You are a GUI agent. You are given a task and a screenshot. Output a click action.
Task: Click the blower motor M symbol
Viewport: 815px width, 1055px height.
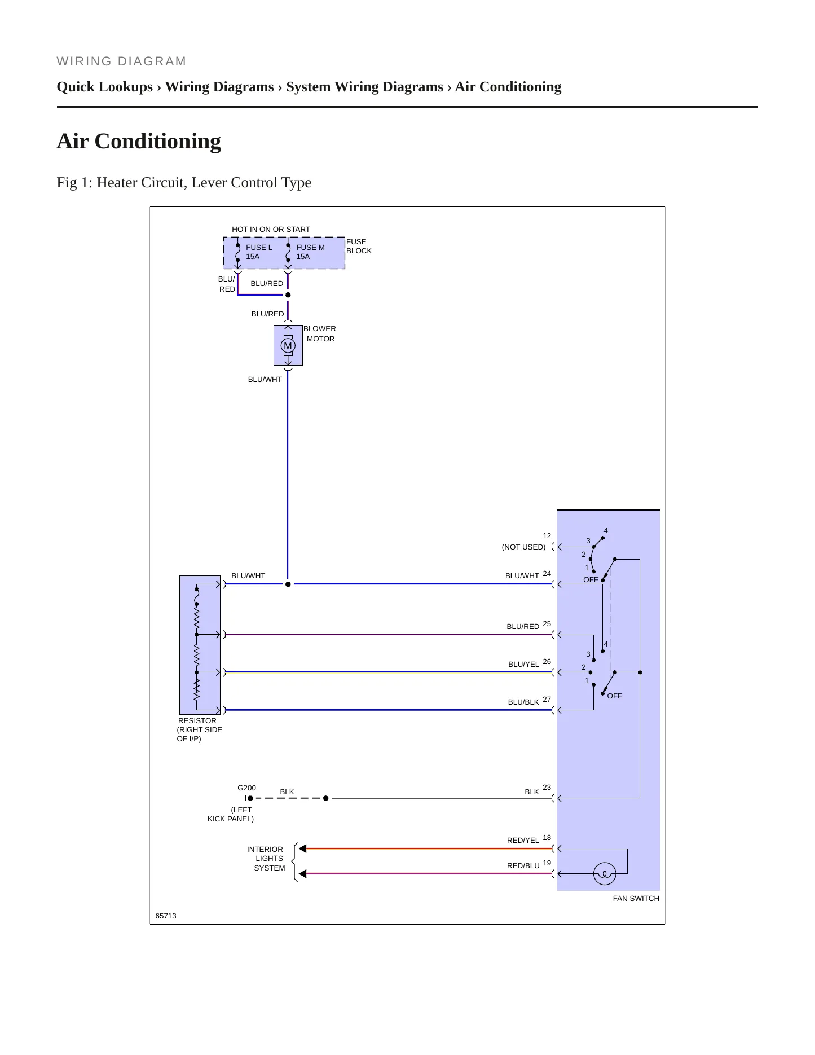(288, 346)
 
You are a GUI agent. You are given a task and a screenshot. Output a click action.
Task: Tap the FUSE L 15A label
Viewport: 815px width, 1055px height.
(259, 252)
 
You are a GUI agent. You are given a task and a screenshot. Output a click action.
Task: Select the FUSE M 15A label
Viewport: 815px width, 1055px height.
(310, 252)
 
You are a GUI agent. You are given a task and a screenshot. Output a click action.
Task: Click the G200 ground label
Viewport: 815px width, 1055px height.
(246, 788)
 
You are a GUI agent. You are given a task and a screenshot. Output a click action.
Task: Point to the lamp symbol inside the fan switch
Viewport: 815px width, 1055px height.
(605, 874)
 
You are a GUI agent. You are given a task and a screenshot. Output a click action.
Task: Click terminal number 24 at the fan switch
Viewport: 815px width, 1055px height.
(547, 574)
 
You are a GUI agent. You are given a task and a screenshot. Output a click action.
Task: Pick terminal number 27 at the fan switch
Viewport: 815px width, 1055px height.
(547, 700)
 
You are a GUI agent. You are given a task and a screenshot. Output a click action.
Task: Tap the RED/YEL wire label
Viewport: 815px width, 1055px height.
(523, 841)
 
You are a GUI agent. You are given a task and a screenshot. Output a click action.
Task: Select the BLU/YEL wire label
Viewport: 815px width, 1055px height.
(523, 665)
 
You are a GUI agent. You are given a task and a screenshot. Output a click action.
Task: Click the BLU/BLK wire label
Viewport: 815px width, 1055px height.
(523, 702)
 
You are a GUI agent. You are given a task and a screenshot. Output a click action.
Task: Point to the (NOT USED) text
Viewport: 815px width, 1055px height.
(523, 547)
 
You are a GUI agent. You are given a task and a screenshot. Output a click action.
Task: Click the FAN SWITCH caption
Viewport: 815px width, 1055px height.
(636, 899)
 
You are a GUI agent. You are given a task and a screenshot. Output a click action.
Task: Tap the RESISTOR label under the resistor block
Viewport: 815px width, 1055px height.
(197, 721)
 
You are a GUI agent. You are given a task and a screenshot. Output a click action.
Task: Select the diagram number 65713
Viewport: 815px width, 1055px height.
(166, 916)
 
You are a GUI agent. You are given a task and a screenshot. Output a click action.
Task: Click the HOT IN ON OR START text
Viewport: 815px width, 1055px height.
(271, 230)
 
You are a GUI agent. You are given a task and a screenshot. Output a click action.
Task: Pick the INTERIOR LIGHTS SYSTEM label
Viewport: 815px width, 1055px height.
(266, 859)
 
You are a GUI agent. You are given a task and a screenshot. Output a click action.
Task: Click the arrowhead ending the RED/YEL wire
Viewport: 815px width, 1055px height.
(302, 849)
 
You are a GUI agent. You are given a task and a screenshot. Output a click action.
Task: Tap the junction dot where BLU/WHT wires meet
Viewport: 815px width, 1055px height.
(288, 584)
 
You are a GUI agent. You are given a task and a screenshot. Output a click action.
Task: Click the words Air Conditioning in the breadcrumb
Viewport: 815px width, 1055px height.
(508, 87)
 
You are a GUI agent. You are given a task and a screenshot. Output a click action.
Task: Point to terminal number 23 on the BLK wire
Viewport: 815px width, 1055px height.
(547, 788)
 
